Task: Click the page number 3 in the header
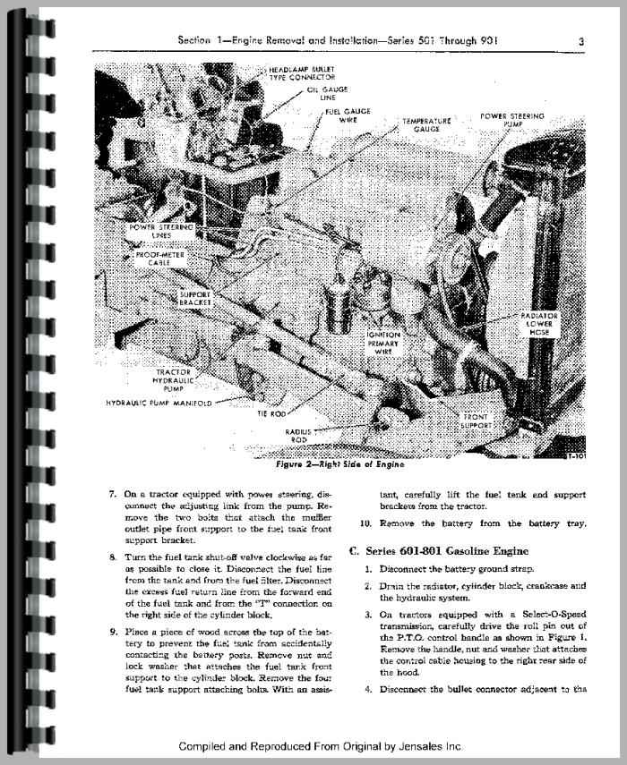(581, 40)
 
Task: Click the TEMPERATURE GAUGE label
(425, 123)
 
